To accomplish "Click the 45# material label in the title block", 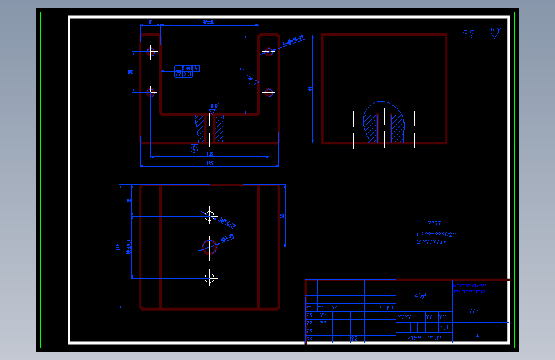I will tap(421, 296).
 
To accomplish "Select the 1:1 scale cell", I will tap(444, 327).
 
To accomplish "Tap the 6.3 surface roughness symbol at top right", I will tap(495, 33).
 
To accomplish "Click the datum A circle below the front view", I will tap(194, 149).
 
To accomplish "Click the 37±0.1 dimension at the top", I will tap(209, 22).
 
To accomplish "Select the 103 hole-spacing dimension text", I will tap(209, 154).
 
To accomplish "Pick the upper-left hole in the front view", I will tap(152, 52).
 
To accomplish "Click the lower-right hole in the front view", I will tap(269, 92).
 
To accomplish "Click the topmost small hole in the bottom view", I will tap(210, 216).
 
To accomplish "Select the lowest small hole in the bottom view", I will tap(210, 277).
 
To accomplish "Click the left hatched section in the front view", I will tap(200, 128).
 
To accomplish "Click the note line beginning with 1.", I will tap(435, 234).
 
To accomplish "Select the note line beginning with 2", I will tap(431, 242).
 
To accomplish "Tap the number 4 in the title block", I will tap(477, 335).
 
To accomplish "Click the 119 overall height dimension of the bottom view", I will tap(118, 247).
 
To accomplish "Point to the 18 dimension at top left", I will tap(150, 22).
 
